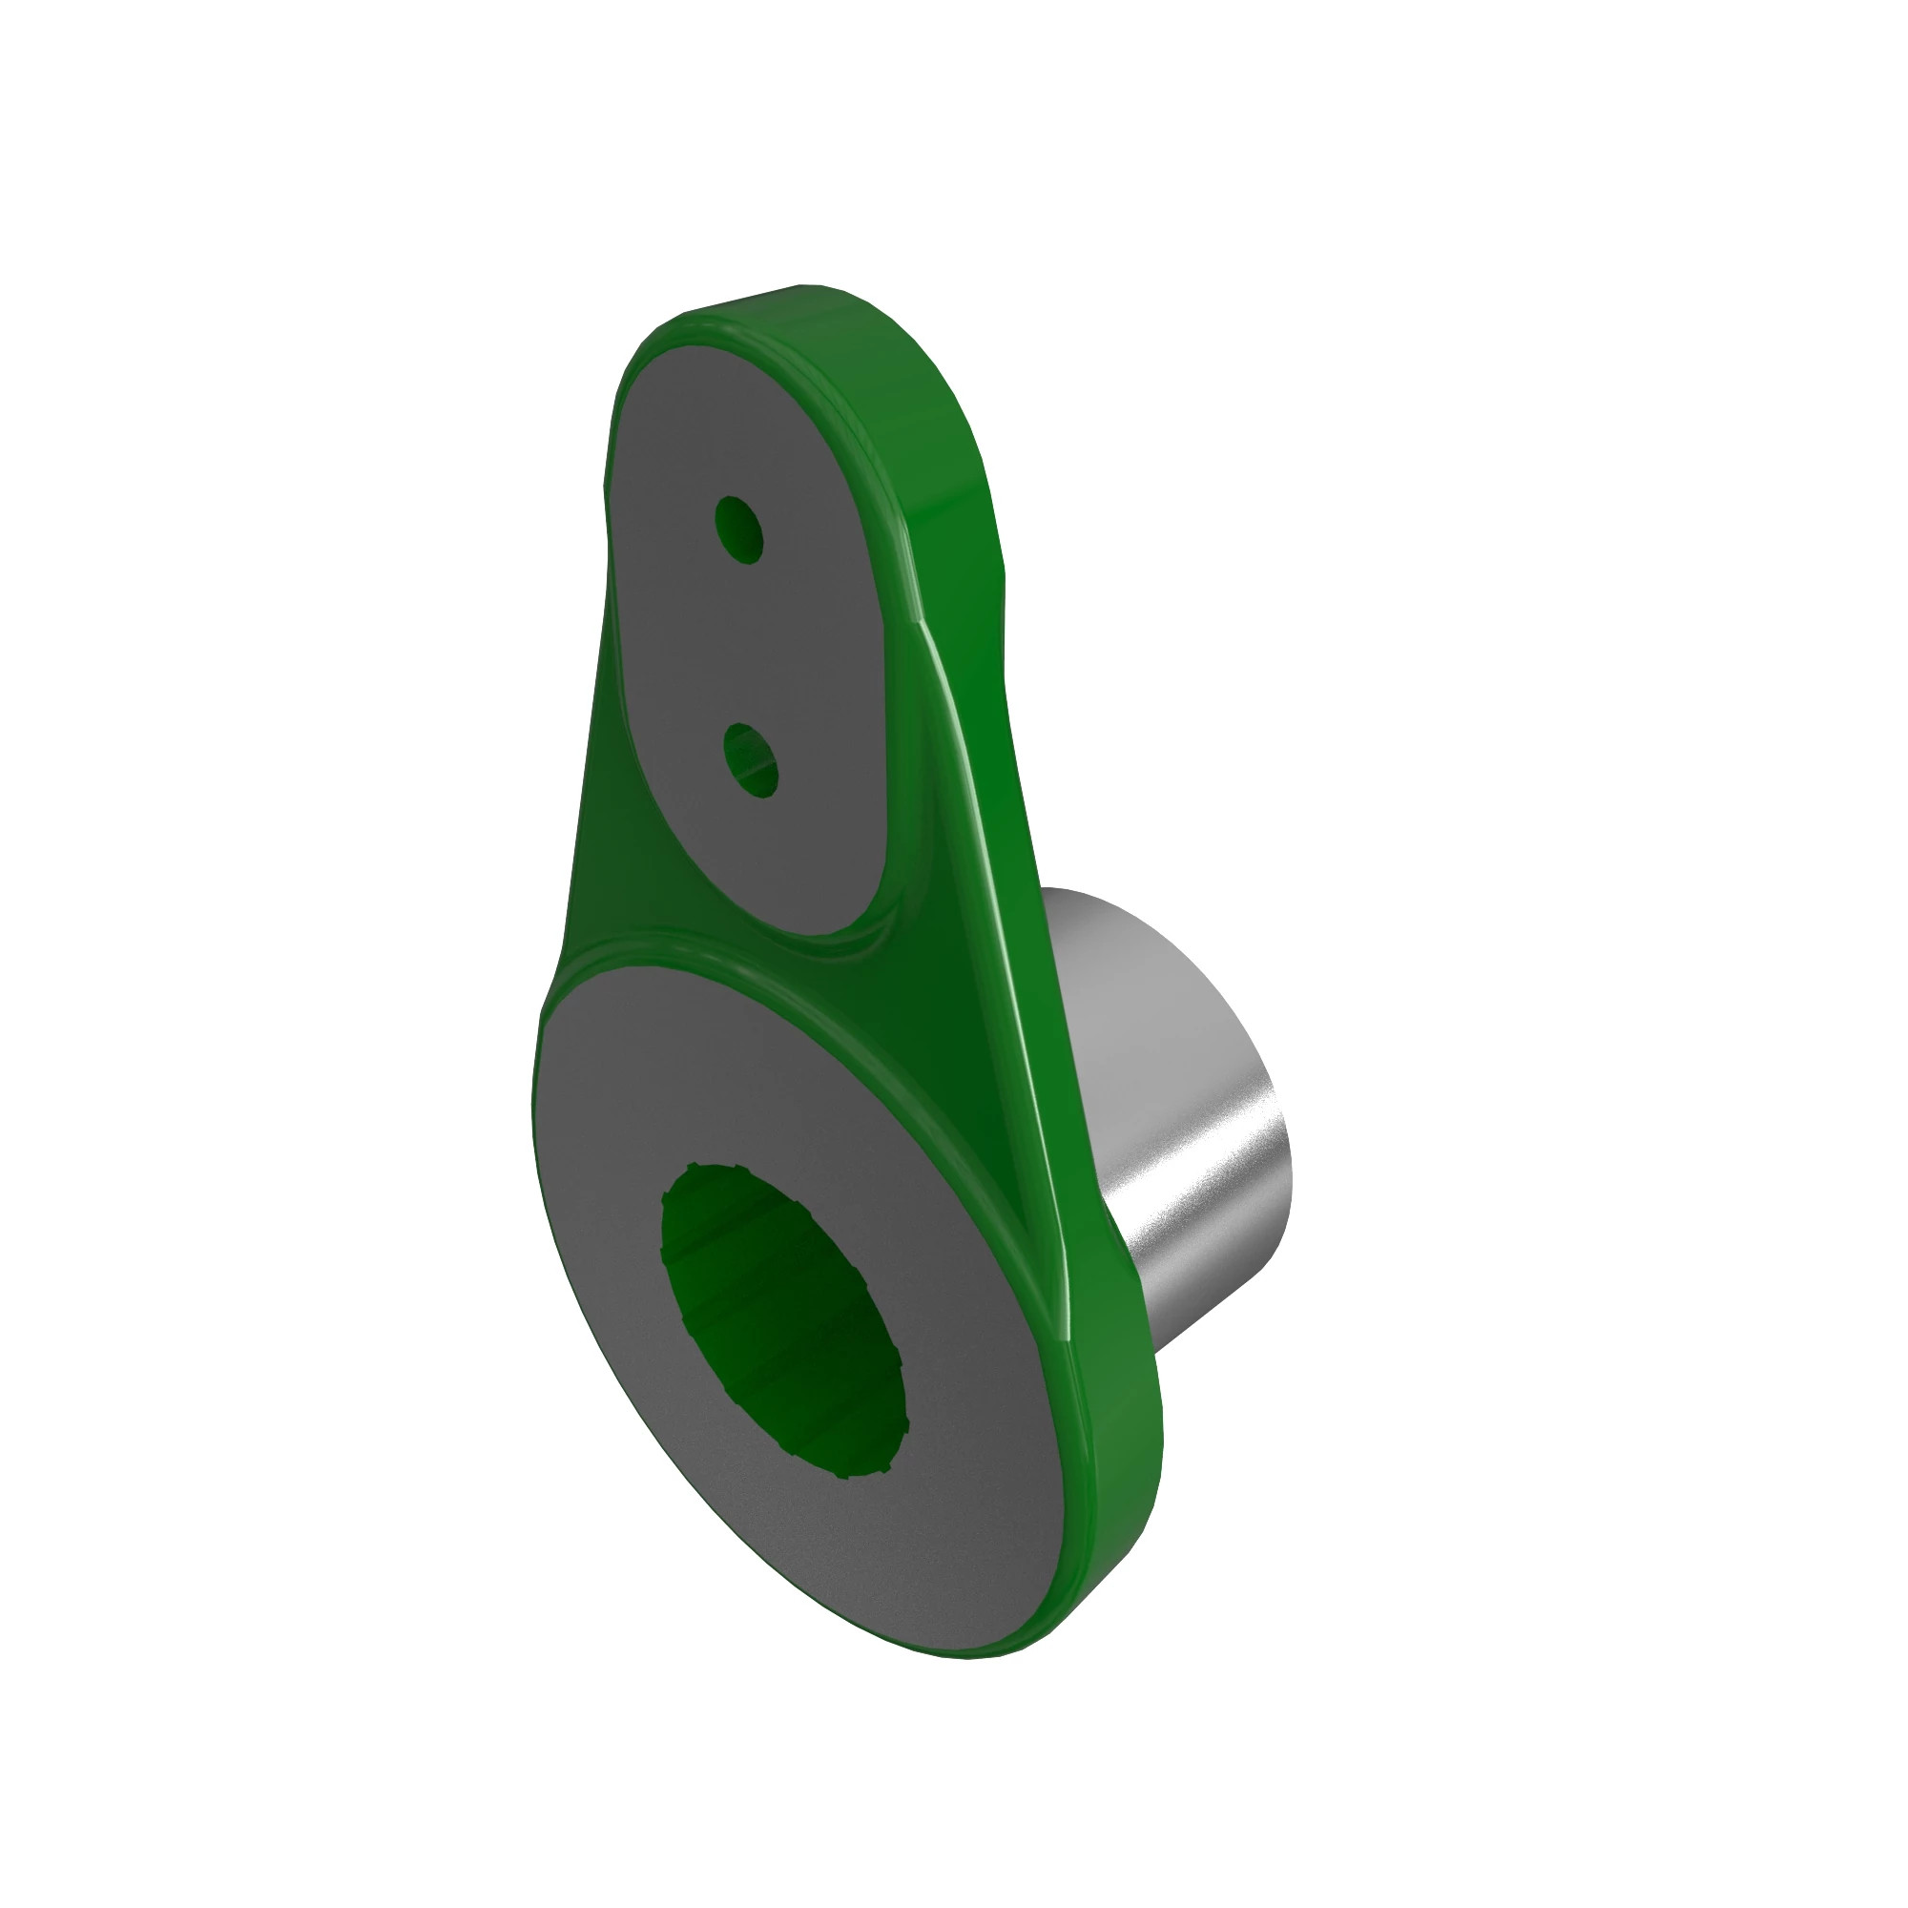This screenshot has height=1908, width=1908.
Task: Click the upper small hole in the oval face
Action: [x=738, y=529]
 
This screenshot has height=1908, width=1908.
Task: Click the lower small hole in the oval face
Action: [x=750, y=759]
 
